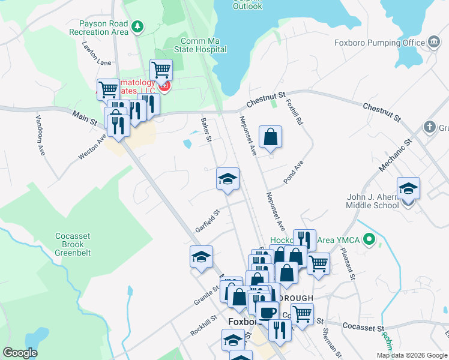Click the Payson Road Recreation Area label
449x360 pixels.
click(99, 28)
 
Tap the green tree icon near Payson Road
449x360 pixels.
click(138, 26)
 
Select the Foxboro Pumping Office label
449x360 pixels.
click(379, 43)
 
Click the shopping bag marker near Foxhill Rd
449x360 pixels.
click(271, 136)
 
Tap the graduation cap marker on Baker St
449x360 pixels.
click(228, 179)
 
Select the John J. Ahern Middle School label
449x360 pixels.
click(372, 201)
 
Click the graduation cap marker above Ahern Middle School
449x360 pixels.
click(408, 188)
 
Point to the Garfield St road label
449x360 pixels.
click(208, 221)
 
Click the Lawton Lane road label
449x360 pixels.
click(97, 53)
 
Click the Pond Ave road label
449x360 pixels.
click(294, 172)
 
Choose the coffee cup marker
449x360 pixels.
click(267, 312)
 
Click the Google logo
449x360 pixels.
click(20, 353)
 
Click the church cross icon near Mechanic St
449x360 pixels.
click(429, 127)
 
